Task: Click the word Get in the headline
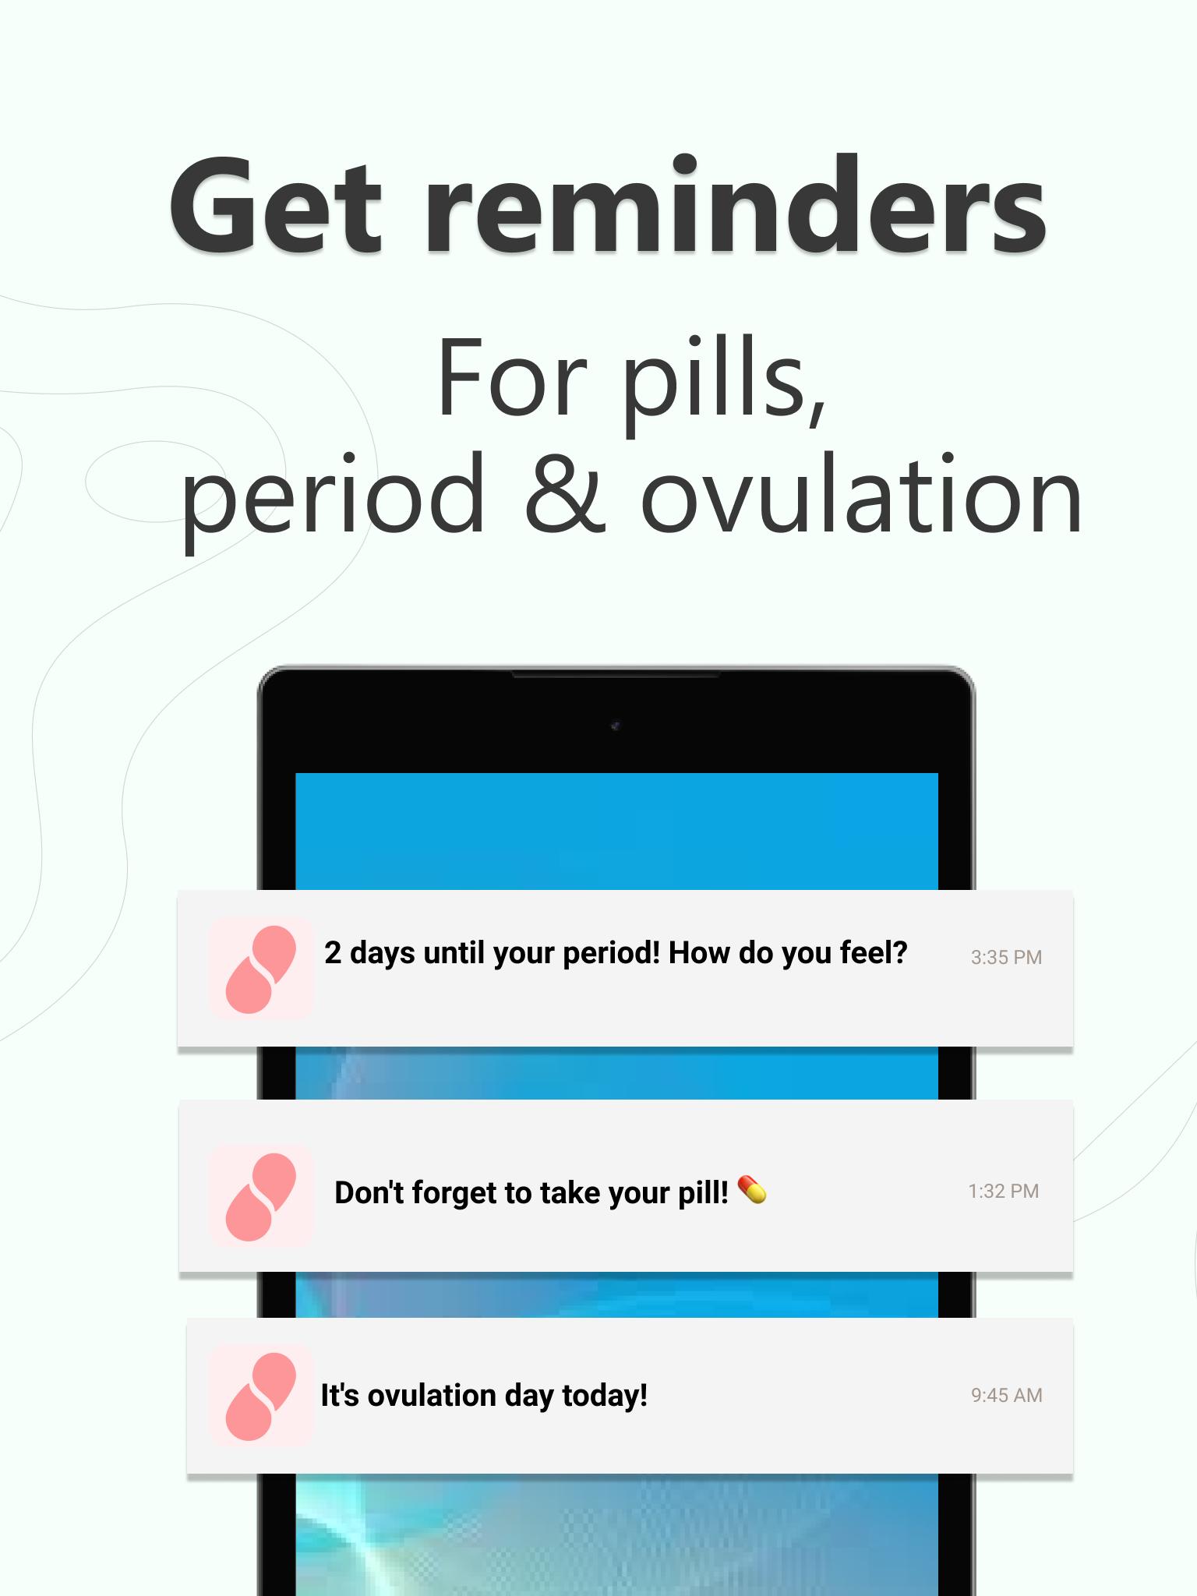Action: (x=277, y=206)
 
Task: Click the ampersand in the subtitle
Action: (x=565, y=493)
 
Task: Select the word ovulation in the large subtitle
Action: (x=861, y=493)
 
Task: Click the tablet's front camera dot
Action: (x=616, y=726)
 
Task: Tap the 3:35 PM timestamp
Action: (x=1006, y=957)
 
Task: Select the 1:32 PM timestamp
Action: (x=1004, y=1191)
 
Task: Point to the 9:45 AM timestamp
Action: (x=1007, y=1395)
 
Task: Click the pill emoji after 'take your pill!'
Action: (x=752, y=1190)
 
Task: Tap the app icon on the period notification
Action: (x=261, y=969)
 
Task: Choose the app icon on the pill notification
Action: (x=261, y=1195)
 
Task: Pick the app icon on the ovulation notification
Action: (x=261, y=1396)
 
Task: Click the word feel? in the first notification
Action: (x=873, y=952)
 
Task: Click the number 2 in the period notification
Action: (x=333, y=953)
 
